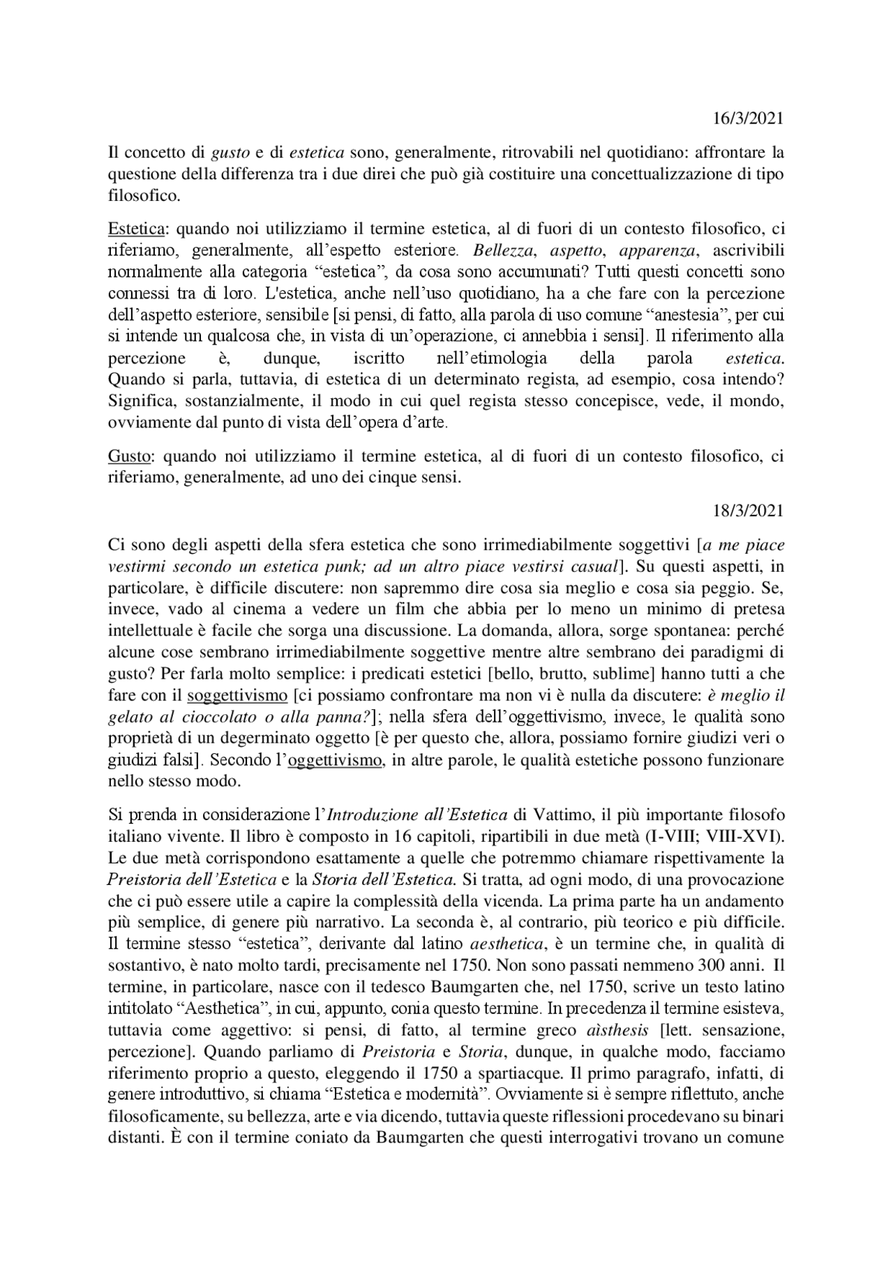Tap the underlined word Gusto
pyautogui.click(x=130, y=457)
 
